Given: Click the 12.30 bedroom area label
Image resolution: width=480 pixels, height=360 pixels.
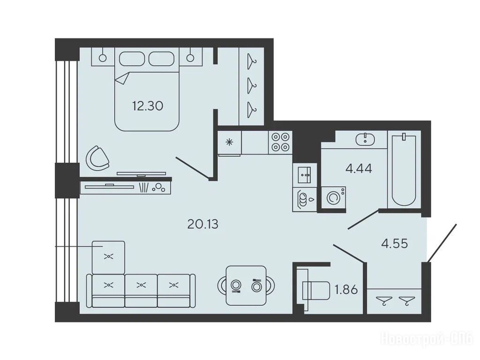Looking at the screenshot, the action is [x=148, y=106].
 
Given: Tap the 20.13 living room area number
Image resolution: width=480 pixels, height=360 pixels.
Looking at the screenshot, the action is [x=202, y=225].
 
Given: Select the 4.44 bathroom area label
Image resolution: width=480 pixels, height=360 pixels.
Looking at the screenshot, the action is [x=359, y=168].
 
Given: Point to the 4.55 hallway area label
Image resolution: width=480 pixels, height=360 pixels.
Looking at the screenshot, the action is [x=395, y=243].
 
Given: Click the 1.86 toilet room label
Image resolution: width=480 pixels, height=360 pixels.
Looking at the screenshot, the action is [x=346, y=289].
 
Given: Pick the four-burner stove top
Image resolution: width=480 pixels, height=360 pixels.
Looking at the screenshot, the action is [x=281, y=142].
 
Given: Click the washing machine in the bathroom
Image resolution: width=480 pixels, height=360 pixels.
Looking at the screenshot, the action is [x=334, y=198].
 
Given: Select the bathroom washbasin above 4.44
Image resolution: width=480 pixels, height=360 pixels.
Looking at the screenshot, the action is [x=365, y=139].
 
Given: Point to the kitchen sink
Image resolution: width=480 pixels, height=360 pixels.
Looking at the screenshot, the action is [x=304, y=175].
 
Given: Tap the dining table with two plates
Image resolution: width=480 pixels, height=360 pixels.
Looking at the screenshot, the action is [x=246, y=285].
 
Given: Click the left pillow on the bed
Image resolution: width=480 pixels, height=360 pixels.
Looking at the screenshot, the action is [x=132, y=59].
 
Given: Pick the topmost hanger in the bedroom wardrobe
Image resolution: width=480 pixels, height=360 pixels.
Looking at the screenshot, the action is [x=252, y=61].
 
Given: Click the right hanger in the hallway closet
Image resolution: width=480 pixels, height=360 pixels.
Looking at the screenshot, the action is [x=407, y=300].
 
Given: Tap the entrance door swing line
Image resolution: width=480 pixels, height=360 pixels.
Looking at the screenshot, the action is [x=442, y=243].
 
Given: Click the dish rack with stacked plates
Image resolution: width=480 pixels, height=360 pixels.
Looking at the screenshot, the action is [x=304, y=200].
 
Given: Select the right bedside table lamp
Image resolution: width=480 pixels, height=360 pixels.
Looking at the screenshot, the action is [x=190, y=57].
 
